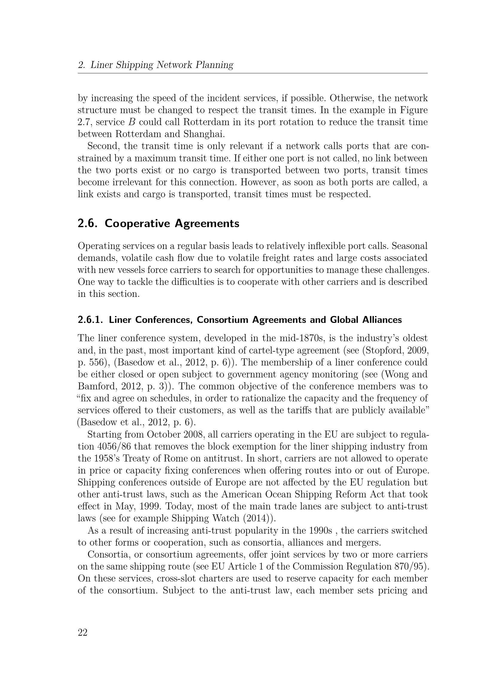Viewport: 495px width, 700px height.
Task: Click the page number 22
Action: pos(83,633)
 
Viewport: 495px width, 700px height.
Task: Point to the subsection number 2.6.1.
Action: pos(91,320)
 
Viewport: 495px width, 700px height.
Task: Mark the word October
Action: pos(163,435)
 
